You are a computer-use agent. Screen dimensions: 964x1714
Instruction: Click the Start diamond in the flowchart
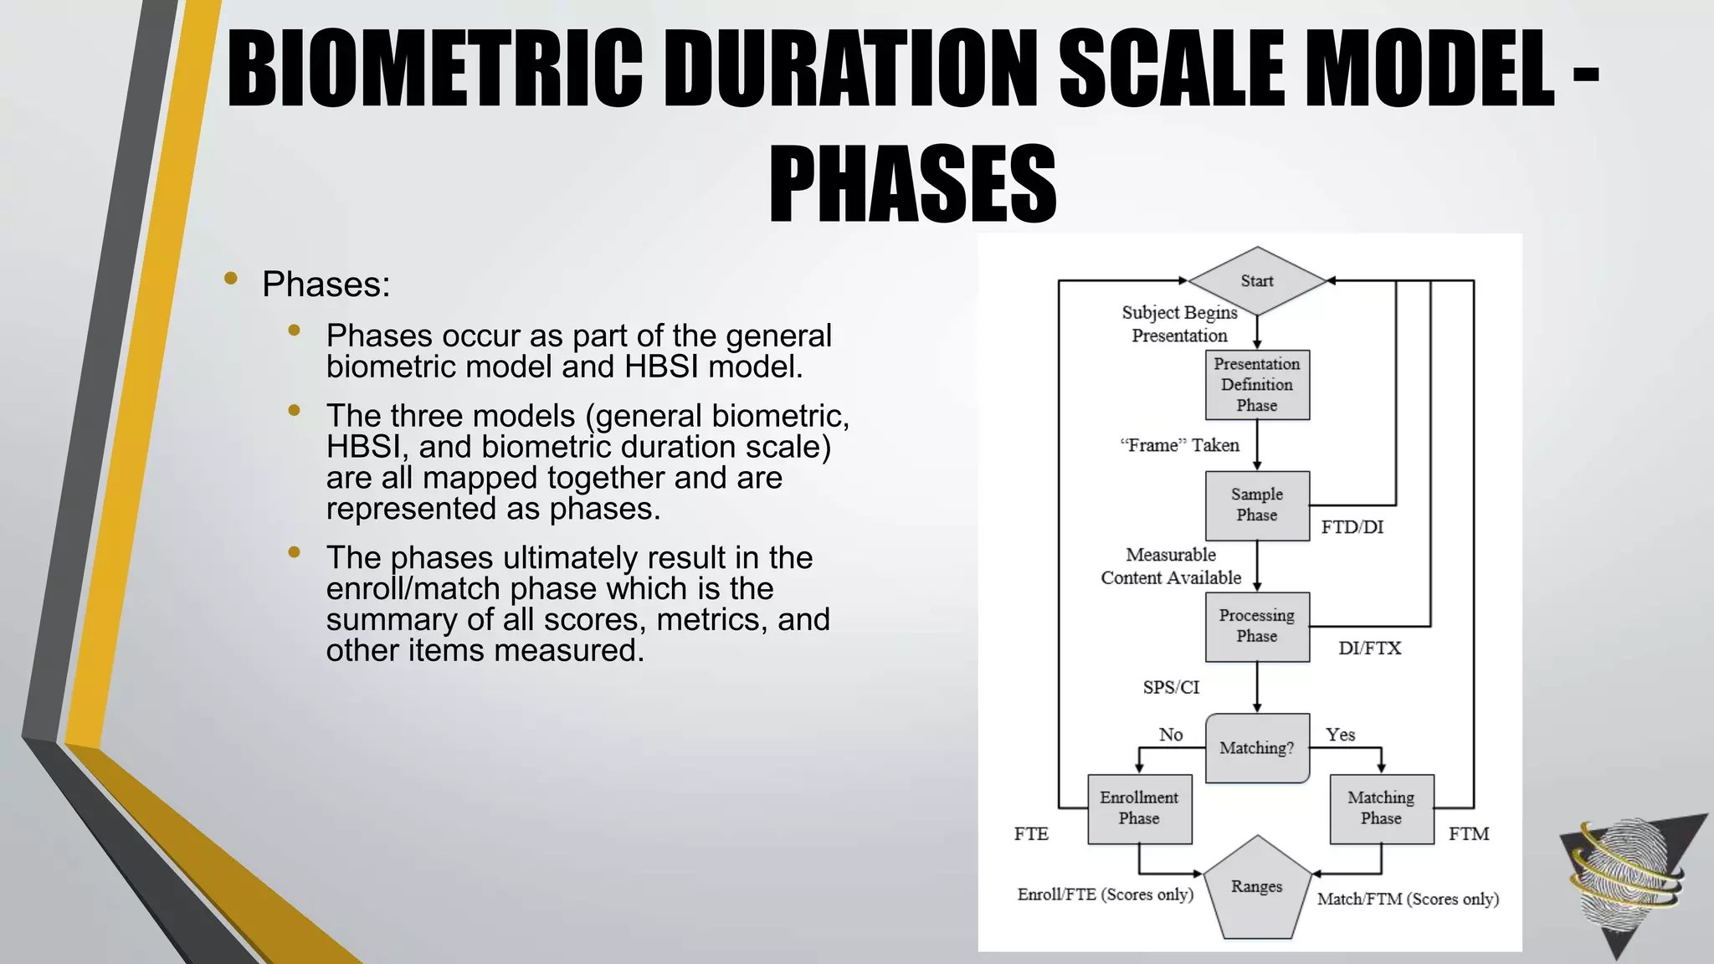[x=1257, y=281]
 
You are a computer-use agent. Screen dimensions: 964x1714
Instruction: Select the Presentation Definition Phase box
[x=1257, y=385]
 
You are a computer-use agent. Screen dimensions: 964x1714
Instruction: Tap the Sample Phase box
[x=1257, y=505]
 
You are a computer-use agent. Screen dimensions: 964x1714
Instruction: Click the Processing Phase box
[x=1257, y=626]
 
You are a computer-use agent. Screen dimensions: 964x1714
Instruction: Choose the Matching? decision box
[x=1257, y=748]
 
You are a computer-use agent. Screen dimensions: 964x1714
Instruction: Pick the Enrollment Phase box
[x=1139, y=808]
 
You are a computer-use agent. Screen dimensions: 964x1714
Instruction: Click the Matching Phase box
[x=1381, y=808]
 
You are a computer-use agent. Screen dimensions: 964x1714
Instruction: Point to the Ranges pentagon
[x=1257, y=890]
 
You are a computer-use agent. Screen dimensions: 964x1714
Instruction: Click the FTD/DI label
[x=1352, y=527]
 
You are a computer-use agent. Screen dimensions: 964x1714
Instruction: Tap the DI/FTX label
[x=1369, y=649]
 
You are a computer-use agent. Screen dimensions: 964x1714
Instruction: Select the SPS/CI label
[x=1171, y=688]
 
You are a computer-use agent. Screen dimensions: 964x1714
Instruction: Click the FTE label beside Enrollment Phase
[x=1031, y=834]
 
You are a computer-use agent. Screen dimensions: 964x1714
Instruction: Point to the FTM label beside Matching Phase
[x=1469, y=834]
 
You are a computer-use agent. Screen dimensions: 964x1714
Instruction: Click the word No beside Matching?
[x=1171, y=735]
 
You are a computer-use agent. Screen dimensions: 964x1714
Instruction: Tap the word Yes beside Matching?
[x=1340, y=735]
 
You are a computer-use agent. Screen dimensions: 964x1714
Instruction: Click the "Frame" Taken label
[x=1179, y=446]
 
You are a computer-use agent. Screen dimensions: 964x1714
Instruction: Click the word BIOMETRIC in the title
[x=435, y=69]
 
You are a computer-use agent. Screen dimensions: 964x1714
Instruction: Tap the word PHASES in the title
[x=912, y=184]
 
